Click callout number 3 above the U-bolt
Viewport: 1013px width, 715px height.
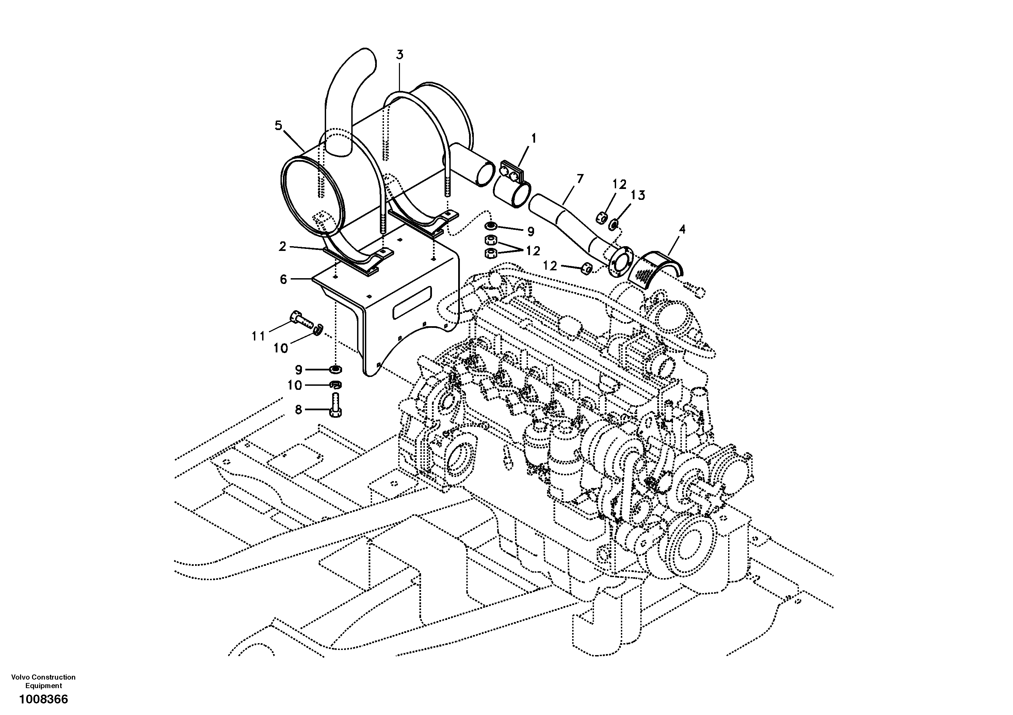click(x=399, y=55)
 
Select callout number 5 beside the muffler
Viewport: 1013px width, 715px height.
click(x=278, y=126)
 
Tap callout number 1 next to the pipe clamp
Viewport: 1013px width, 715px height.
click(x=533, y=139)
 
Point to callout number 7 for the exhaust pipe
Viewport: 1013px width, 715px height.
click(x=580, y=179)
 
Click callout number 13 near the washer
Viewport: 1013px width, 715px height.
click(x=638, y=195)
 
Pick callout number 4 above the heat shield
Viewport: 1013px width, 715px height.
click(x=682, y=229)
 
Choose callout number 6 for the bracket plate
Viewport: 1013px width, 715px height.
click(x=283, y=280)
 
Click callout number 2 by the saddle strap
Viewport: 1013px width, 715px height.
click(x=283, y=246)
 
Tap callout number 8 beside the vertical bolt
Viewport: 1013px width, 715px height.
click(x=299, y=410)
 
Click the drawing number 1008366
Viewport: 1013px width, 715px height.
click(x=43, y=700)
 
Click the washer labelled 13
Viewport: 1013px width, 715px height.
click(x=613, y=225)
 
